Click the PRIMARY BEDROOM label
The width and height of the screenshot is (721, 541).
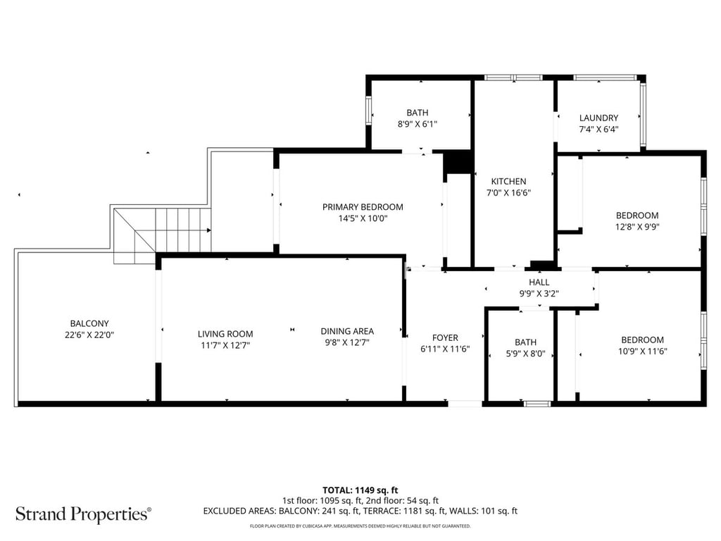pyautogui.click(x=363, y=207)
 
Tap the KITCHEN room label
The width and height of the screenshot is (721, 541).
pyautogui.click(x=508, y=181)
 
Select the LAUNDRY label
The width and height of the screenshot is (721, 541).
pyautogui.click(x=598, y=118)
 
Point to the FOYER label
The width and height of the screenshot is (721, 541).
pyautogui.click(x=445, y=337)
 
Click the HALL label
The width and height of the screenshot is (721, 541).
pyautogui.click(x=539, y=282)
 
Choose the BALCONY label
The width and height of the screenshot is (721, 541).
pyautogui.click(x=89, y=324)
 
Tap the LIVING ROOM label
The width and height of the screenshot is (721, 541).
pyautogui.click(x=225, y=334)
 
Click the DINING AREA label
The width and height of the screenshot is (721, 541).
pyautogui.click(x=347, y=331)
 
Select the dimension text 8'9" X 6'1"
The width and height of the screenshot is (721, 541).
pyautogui.click(x=417, y=124)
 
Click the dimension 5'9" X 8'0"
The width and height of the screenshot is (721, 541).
pyautogui.click(x=525, y=354)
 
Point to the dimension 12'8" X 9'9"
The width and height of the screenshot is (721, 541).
pyautogui.click(x=637, y=227)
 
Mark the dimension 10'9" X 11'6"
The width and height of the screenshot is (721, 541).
pyautogui.click(x=642, y=351)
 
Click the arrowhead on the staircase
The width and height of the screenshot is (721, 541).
pyautogui.click(x=208, y=230)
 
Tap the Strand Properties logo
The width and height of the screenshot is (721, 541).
pyautogui.click(x=83, y=514)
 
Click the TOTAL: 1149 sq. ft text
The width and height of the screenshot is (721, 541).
pyautogui.click(x=360, y=490)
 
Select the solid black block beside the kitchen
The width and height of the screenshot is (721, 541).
pyautogui.click(x=457, y=163)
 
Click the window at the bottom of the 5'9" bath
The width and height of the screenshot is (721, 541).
pyautogui.click(x=537, y=404)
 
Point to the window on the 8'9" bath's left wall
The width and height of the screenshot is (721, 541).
pyautogui.click(x=368, y=110)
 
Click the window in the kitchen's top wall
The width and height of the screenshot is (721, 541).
pyautogui.click(x=513, y=77)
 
